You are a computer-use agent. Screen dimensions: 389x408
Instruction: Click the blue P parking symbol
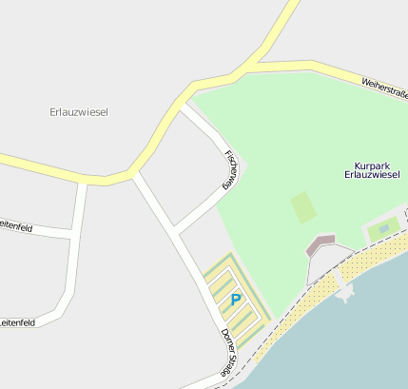point(236,300)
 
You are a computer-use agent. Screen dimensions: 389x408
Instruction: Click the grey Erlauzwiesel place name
point(79,112)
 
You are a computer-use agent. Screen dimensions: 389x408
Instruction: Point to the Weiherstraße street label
point(383,88)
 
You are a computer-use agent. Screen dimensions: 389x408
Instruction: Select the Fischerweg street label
point(228,169)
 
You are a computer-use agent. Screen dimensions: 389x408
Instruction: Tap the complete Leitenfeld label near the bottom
point(18,323)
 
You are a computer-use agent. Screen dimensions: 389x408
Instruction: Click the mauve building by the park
point(321,245)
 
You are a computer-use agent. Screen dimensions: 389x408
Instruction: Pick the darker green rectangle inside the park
point(303,206)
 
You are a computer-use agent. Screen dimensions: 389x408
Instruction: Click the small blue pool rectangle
point(383,228)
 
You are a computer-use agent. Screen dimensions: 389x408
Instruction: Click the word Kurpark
point(371,164)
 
